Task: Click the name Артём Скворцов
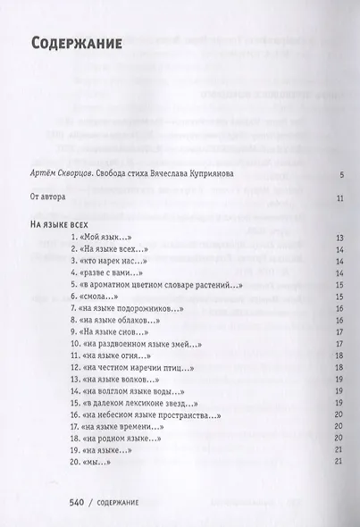click(60, 176)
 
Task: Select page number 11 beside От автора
click(340, 199)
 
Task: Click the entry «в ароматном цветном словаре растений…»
click(155, 284)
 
